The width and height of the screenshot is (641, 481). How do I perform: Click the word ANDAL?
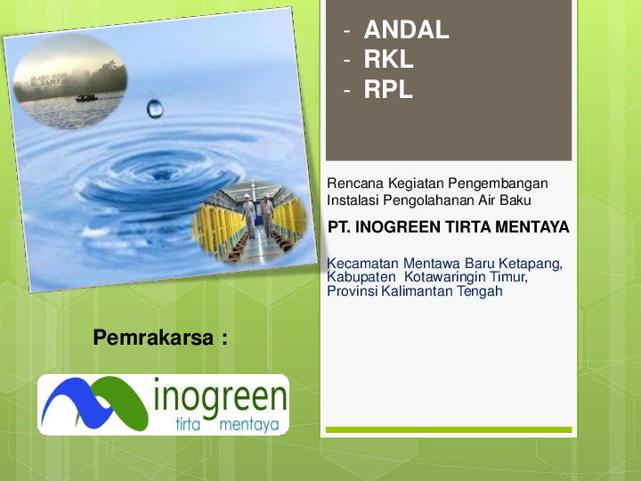[x=406, y=30]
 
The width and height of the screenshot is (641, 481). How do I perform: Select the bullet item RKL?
[x=389, y=60]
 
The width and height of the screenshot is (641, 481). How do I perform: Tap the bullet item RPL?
[x=388, y=89]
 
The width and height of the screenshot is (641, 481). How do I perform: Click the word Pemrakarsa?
[x=153, y=338]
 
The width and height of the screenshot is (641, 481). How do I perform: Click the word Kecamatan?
[x=363, y=264]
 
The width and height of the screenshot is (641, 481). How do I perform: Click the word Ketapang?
[x=535, y=264]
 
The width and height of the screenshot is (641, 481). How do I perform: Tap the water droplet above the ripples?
[x=155, y=108]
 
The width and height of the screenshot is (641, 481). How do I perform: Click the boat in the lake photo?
[x=85, y=97]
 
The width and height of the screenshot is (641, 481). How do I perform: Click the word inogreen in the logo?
[x=220, y=396]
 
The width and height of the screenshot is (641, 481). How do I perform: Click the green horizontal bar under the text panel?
[x=448, y=430]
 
